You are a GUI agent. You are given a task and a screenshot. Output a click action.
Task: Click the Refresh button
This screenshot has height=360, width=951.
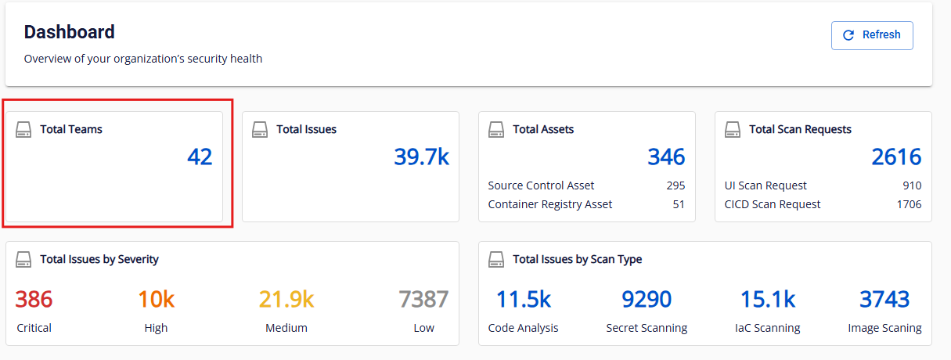872,35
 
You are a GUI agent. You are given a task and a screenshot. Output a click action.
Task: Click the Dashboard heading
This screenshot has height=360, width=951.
70,32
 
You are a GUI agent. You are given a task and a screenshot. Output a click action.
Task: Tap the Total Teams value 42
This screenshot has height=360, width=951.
200,157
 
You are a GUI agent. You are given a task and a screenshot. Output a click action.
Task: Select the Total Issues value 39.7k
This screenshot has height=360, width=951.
421,157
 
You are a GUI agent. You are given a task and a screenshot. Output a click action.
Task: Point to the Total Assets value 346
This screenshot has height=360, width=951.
666,157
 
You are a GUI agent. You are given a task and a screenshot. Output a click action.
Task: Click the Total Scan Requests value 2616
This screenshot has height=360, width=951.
896,157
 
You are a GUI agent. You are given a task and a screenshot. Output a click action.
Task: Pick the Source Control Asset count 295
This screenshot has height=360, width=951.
675,185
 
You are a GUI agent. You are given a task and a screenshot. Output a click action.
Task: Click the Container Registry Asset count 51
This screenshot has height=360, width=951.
679,204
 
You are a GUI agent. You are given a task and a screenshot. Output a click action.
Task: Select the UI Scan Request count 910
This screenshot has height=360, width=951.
912,185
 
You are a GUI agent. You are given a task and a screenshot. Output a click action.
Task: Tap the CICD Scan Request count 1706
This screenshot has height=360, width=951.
909,204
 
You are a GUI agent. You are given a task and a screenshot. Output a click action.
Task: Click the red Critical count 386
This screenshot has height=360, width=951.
34,299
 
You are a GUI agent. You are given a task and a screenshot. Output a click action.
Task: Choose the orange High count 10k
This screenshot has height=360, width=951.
156,299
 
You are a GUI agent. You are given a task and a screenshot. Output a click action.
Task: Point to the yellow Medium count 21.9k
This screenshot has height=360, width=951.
286,299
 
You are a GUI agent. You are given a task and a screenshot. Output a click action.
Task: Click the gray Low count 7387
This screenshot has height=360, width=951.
423,299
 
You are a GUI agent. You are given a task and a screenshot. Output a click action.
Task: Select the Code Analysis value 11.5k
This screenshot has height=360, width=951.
524,299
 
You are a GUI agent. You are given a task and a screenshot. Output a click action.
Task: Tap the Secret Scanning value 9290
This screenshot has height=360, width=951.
647,299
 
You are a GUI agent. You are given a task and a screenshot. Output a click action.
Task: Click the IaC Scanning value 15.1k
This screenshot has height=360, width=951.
768,299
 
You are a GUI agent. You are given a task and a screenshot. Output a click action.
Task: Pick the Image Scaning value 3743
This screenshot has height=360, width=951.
884,299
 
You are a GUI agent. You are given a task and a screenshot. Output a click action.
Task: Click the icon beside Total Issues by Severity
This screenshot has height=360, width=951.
23,259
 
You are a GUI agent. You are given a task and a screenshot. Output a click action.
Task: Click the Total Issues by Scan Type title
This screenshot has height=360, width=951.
577,259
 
